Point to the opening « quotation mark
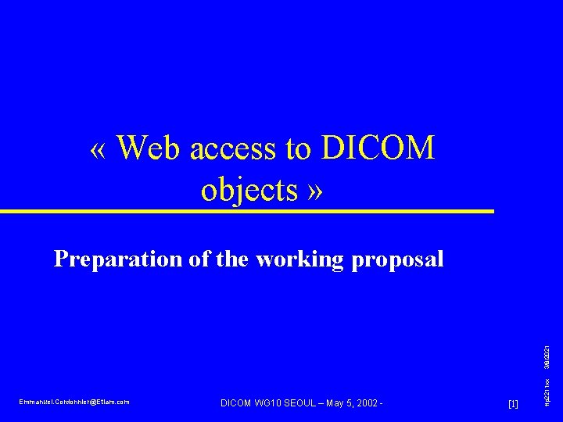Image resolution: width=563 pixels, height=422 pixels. (99, 149)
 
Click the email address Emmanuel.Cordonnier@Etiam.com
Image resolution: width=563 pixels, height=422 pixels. (74, 402)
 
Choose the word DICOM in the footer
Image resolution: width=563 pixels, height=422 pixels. (238, 402)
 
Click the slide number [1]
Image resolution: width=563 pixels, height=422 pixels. (513, 403)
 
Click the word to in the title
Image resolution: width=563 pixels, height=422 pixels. (297, 148)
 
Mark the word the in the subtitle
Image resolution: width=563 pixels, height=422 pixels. (232, 259)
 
